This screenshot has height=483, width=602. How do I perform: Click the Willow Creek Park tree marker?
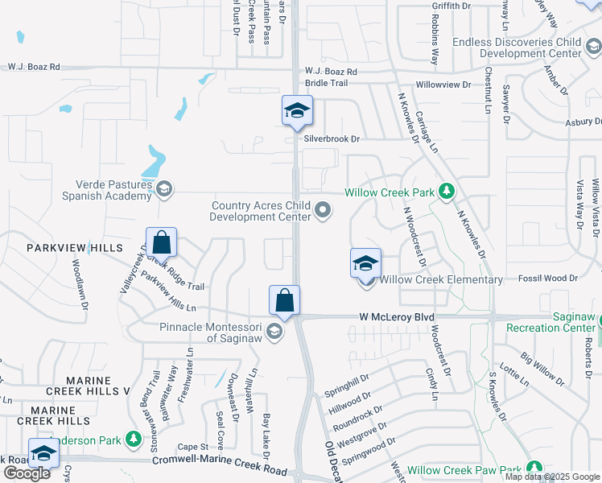coord(445,192)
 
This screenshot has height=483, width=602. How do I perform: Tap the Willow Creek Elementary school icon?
coord(365,262)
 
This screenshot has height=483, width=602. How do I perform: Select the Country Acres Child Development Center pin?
coord(323,211)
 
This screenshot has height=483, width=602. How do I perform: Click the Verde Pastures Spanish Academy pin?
coord(163,189)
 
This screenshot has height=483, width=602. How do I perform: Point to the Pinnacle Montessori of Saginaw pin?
coord(274,332)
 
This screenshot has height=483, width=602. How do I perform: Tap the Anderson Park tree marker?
coord(134,440)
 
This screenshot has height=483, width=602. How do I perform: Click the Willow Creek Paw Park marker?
coord(533,469)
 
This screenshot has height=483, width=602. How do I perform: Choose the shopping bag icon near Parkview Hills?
coord(161,242)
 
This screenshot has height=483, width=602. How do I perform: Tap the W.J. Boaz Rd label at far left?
coord(33,68)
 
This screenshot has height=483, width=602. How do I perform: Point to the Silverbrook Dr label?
coord(331,138)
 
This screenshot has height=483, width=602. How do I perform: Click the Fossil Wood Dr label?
coord(550,277)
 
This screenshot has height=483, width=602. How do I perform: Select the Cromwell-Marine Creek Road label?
coord(220,467)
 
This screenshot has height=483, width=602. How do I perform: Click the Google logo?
coord(27,473)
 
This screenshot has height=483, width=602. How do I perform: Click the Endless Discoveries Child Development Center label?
coord(516,47)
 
